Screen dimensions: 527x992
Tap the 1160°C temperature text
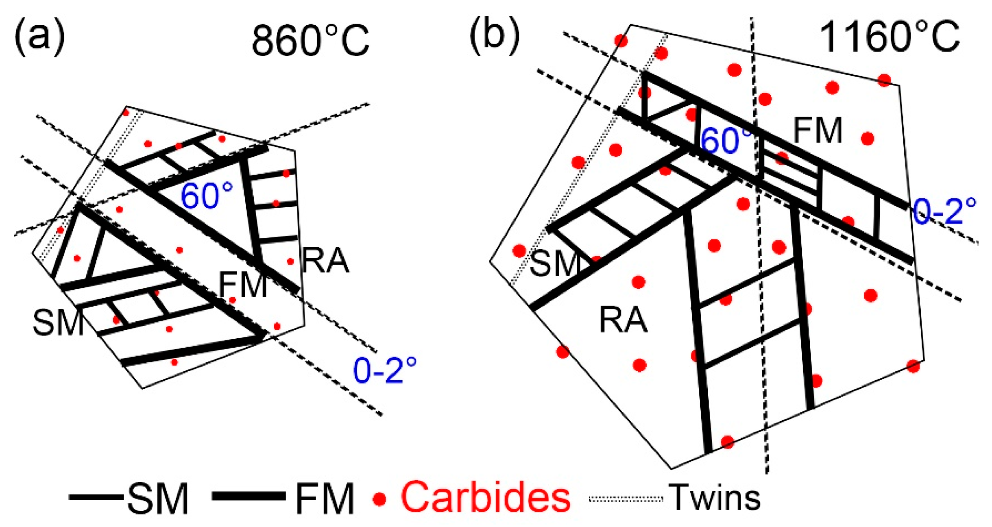(x=890, y=37)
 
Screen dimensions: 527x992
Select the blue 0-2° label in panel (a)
(x=385, y=370)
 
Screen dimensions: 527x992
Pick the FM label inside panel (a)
(x=243, y=285)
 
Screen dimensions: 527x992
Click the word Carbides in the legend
(x=486, y=497)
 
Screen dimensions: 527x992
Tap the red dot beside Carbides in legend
(x=379, y=499)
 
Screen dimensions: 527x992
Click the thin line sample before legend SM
(x=96, y=497)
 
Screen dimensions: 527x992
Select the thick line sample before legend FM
(x=249, y=497)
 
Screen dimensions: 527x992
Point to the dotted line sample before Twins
(x=626, y=499)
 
